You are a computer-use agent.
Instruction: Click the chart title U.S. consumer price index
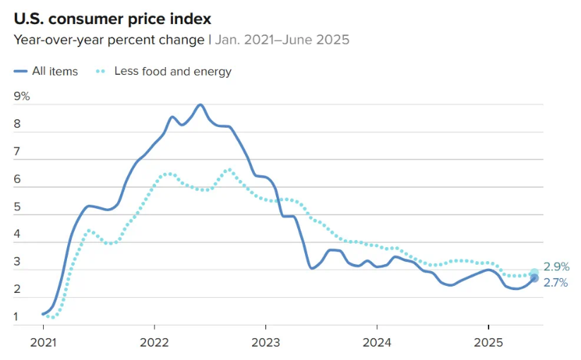(x=112, y=18)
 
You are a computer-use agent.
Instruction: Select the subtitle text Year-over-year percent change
(x=109, y=40)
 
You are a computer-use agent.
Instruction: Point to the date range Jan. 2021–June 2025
(x=282, y=40)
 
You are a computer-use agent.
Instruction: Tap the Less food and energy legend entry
(x=172, y=71)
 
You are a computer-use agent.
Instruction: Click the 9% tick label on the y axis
(x=22, y=97)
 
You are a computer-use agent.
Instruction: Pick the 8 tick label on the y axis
(x=18, y=124)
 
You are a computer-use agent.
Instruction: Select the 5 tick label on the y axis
(x=18, y=208)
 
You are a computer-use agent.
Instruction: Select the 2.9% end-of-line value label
(x=556, y=267)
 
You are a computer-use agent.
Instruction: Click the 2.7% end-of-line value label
(x=556, y=282)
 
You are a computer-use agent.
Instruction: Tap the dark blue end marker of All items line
(x=534, y=278)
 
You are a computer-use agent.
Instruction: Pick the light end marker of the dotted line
(x=534, y=272)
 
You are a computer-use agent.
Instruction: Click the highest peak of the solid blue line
(x=200, y=104)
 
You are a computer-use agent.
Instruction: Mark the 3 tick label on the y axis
(x=18, y=263)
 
